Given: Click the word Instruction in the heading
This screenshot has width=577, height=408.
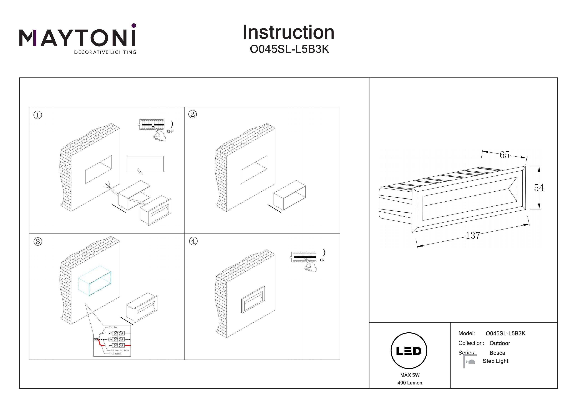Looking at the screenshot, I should pos(288,33).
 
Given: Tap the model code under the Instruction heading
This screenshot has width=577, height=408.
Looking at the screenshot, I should pos(289,49).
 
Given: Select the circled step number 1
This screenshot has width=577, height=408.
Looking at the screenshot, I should pos(38,115).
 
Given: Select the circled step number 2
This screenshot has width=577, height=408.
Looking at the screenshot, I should pos(193,114).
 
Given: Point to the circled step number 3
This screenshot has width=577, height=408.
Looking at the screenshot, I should pos(38,242).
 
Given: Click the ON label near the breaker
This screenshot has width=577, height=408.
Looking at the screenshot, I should pos(322,260).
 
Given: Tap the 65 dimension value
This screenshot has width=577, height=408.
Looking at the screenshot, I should pos(504,155).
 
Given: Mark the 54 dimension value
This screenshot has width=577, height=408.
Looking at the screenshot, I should pos(539,188).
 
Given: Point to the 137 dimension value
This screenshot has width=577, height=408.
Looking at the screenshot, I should pos(473,236).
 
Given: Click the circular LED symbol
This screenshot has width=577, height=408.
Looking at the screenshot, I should pos(409,351).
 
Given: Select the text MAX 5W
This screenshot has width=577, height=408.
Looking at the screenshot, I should pos(410,375).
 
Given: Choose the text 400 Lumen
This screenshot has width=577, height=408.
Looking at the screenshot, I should pos(410,383).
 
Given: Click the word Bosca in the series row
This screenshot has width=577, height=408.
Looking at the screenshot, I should pos(497,353).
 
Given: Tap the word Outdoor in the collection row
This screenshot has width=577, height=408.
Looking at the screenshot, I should pos(500,343).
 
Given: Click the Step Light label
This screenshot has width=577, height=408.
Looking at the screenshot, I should pos(495,361).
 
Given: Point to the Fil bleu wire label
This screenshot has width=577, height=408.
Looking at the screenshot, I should pos(113,327).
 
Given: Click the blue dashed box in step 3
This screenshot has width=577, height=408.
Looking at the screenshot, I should pos(95,280).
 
